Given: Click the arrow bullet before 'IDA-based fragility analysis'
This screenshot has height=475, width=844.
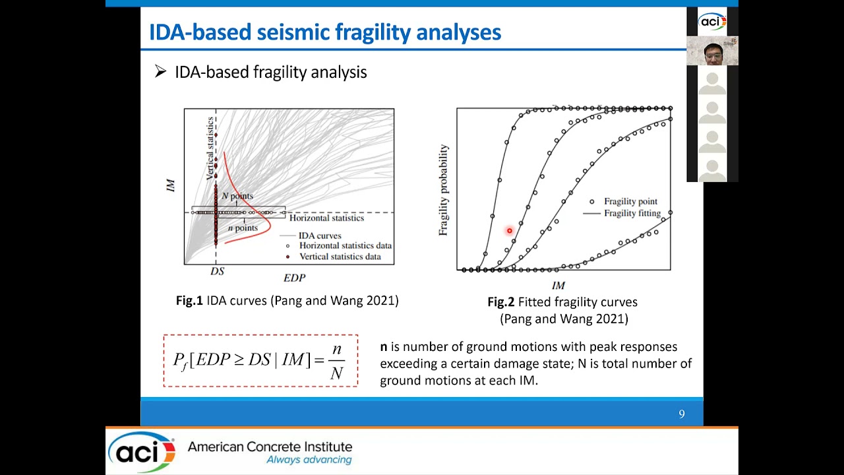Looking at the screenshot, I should point(160,72).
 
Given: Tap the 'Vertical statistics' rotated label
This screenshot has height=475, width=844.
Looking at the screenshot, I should point(210,148).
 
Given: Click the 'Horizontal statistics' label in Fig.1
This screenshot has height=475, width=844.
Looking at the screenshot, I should point(326,218).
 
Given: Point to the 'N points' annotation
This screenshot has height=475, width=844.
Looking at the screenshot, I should point(237,196).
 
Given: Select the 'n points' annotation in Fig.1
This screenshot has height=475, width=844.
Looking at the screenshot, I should point(242,228).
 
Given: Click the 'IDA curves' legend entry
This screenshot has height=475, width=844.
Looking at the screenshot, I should point(320,236).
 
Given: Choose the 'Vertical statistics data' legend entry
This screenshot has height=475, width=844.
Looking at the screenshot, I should point(340,257).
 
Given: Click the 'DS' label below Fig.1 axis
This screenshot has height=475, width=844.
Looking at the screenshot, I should point(217,272).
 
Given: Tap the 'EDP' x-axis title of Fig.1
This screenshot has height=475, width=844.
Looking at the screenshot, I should point(294,278).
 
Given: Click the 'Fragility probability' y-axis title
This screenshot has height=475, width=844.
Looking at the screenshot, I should point(444,190).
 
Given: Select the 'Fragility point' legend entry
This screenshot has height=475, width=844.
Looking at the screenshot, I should point(630,202).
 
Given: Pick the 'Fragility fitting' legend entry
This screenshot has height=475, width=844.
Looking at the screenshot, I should point(632,214).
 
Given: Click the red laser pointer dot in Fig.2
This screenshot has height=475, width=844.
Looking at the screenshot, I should point(509,231).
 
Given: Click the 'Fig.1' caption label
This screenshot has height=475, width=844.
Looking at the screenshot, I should point(189,301).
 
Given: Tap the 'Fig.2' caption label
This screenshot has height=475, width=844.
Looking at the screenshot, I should point(500,302).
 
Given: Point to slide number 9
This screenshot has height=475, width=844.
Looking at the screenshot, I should point(682,414).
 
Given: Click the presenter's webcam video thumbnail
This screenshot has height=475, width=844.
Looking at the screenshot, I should point(712,51).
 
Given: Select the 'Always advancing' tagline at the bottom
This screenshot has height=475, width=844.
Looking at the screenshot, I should point(309,460).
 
